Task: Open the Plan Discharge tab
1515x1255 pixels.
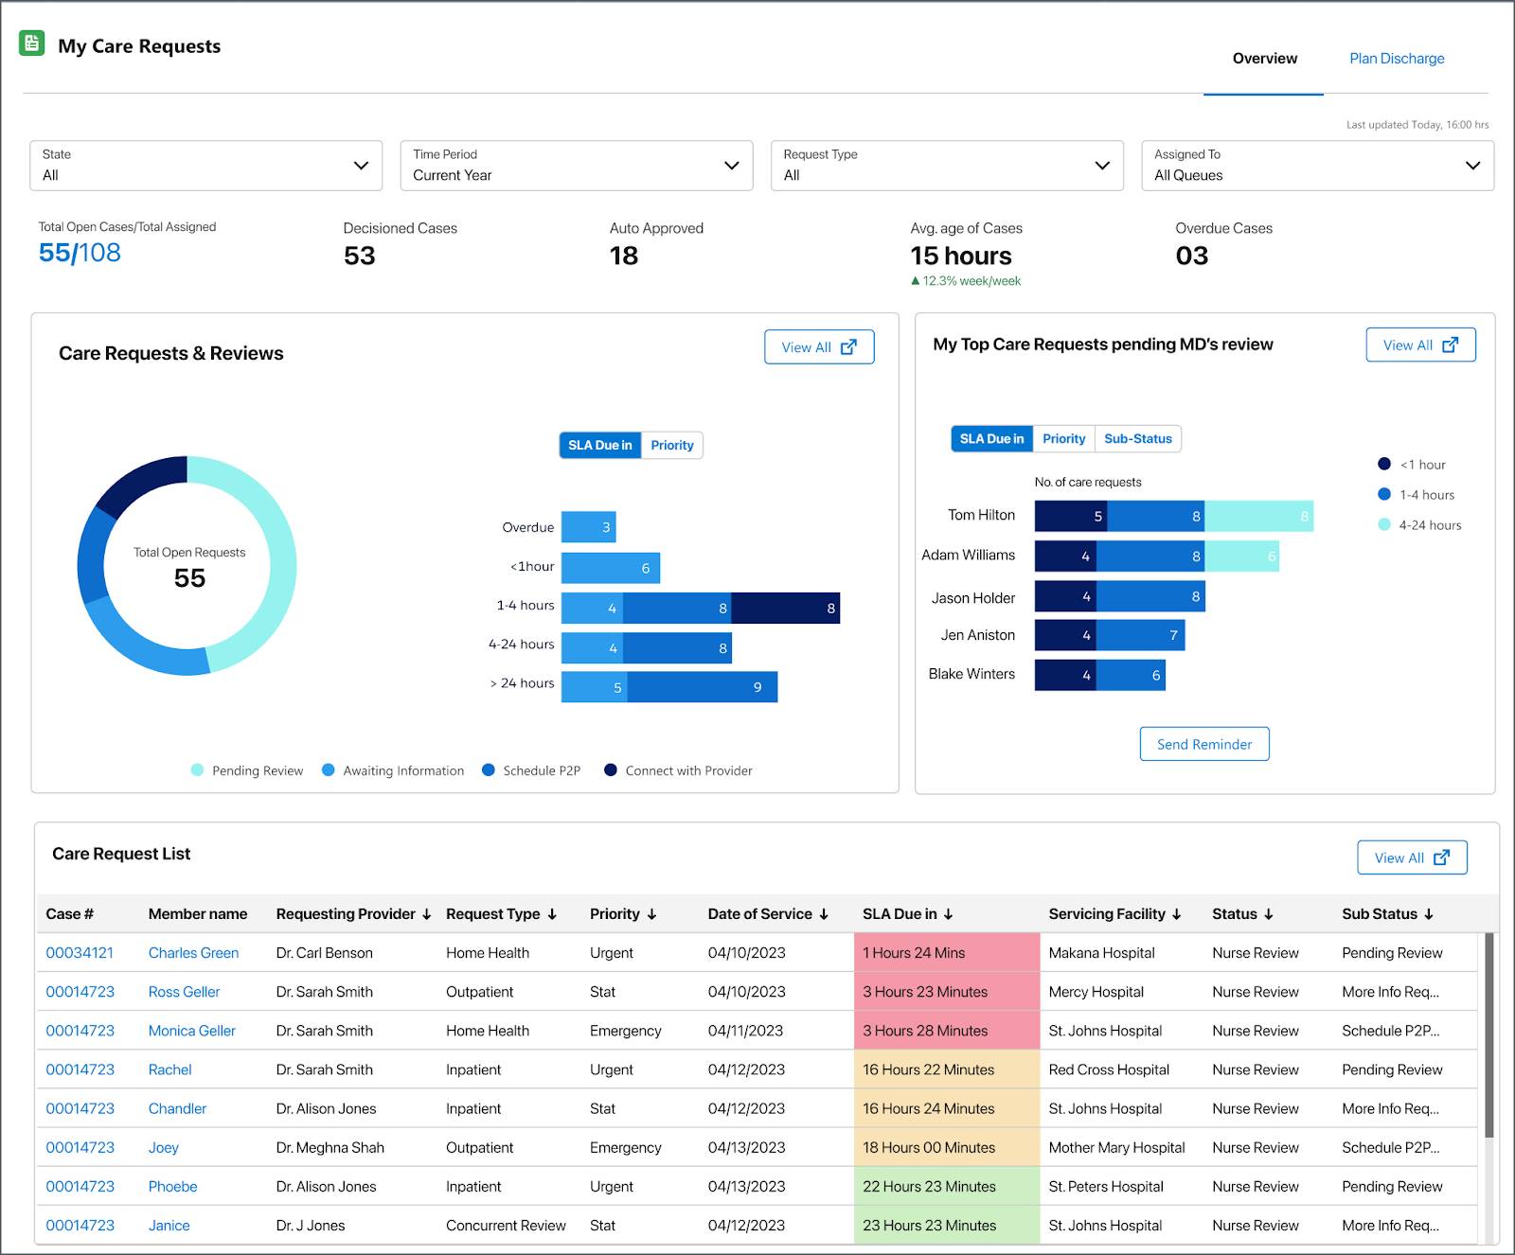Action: (x=1397, y=59)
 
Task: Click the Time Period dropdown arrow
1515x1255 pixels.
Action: (x=731, y=166)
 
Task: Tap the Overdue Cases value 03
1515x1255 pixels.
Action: (x=1191, y=256)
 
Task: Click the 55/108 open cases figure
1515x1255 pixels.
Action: (x=80, y=253)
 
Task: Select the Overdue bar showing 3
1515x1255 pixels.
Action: (x=588, y=527)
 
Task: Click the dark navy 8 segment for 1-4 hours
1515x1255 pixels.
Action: (x=785, y=608)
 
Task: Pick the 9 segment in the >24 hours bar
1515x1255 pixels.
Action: (x=702, y=687)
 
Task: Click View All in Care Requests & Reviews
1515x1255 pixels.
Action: (x=818, y=347)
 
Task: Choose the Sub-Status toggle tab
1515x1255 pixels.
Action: (x=1137, y=439)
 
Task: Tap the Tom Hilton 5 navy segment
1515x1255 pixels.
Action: (x=1071, y=516)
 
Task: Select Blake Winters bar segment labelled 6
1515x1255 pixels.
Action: (x=1131, y=675)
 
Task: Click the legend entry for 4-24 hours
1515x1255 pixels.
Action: (x=1419, y=525)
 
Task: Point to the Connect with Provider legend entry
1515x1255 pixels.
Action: (x=678, y=770)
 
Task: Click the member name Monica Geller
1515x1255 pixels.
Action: (x=191, y=1031)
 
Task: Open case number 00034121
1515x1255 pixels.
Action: (x=80, y=953)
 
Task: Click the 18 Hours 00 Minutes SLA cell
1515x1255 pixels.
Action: (x=928, y=1147)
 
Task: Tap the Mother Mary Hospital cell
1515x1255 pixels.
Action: (x=1116, y=1147)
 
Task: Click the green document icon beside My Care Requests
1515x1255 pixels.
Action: (x=32, y=43)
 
